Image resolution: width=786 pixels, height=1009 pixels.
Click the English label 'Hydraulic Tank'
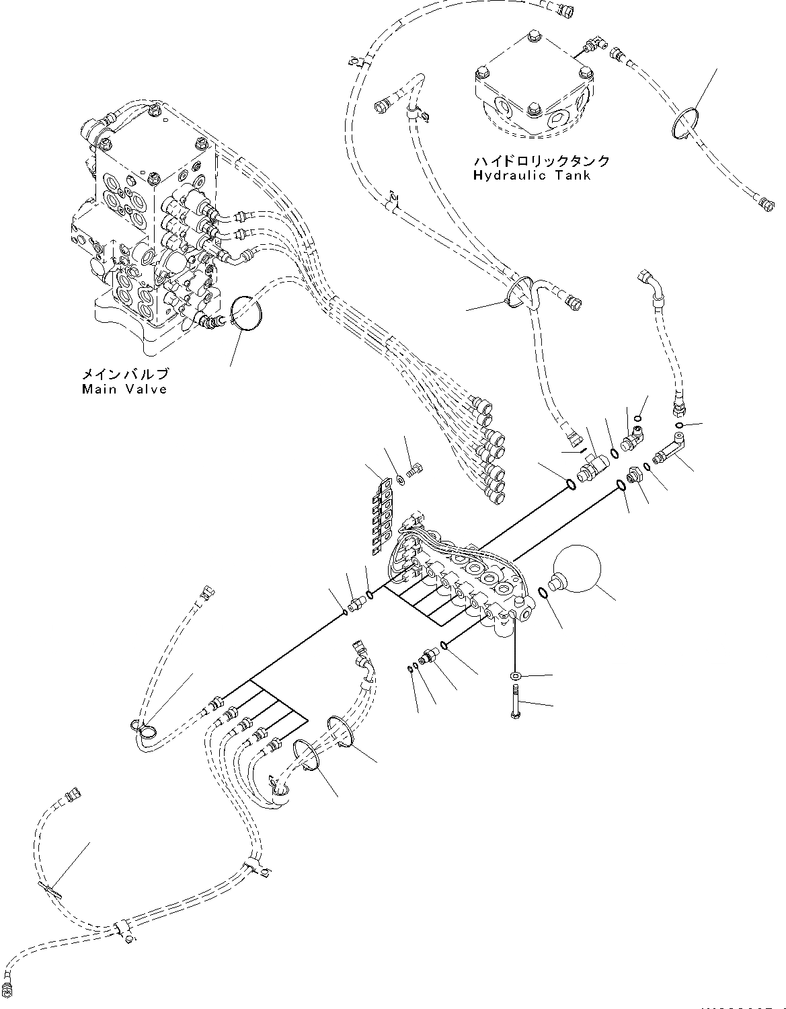tap(531, 176)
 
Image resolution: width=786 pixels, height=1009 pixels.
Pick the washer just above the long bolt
tap(515, 675)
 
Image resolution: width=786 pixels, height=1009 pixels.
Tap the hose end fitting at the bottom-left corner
tap(8, 987)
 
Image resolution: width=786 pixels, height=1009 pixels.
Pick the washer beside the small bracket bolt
tap(400, 478)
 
